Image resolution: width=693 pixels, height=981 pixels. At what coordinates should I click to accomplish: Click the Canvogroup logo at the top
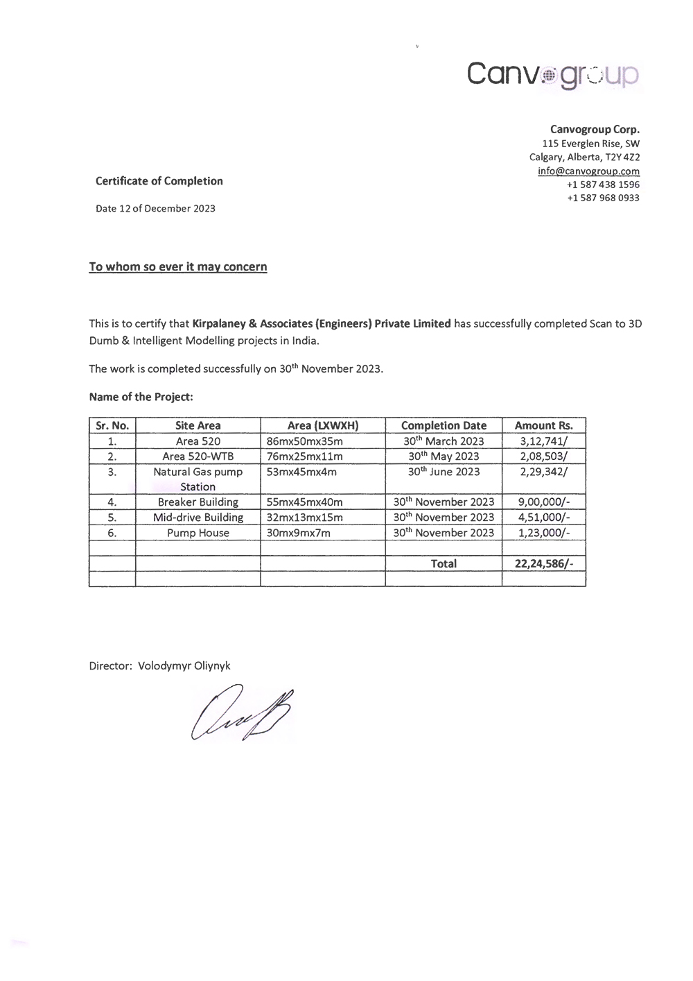[x=553, y=74]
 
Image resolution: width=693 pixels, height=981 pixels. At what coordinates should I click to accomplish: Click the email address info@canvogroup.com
[x=588, y=171]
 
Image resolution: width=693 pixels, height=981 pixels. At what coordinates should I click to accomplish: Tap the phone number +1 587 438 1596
[x=603, y=185]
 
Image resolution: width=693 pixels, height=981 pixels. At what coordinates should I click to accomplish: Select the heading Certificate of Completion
[x=159, y=181]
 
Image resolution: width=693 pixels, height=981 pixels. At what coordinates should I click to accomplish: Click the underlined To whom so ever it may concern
[x=178, y=266]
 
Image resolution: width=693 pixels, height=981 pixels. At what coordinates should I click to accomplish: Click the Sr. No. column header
[x=112, y=425]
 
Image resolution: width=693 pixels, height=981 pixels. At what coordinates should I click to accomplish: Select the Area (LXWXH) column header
[x=323, y=425]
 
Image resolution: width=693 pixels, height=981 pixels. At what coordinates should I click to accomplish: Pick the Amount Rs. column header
[x=543, y=425]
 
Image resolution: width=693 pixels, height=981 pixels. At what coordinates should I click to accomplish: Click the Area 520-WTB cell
[x=198, y=456]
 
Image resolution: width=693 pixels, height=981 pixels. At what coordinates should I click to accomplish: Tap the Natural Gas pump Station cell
[x=198, y=479]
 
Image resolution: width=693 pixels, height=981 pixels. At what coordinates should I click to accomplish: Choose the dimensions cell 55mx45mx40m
[x=304, y=502]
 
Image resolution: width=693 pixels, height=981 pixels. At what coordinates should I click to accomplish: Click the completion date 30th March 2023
[x=444, y=441]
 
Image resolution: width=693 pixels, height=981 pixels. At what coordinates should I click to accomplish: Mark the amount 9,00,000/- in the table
[x=543, y=502]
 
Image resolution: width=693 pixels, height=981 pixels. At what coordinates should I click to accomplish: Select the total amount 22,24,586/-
[x=543, y=563]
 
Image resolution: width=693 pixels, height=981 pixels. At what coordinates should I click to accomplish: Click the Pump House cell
[x=198, y=533]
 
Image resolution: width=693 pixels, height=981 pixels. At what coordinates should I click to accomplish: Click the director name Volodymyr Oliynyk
[x=184, y=665]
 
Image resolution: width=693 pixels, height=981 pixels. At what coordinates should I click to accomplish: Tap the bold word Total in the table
[x=444, y=563]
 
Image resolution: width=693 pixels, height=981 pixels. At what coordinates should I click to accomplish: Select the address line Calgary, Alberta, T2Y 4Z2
[x=584, y=157]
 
